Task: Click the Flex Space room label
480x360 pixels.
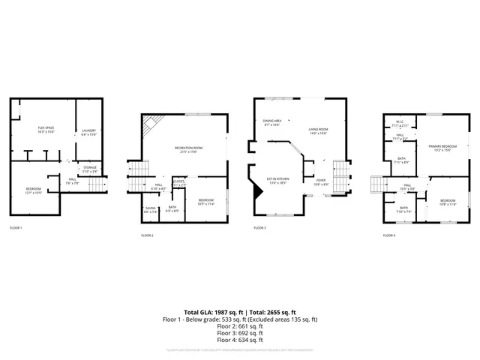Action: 46,129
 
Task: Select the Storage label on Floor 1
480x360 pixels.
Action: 90,168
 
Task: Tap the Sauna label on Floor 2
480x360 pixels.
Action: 150,211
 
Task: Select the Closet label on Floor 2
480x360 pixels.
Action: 179,182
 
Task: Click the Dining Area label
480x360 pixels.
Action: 271,122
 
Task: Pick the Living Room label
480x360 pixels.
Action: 318,131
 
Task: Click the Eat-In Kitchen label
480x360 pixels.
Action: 277,181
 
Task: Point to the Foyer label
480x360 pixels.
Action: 320,181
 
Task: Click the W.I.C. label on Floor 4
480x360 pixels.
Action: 397,124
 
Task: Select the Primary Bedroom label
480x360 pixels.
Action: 438,147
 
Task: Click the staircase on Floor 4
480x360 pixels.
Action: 377,184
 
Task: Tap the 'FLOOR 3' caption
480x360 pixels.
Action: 259,227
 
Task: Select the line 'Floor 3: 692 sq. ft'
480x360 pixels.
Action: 240,333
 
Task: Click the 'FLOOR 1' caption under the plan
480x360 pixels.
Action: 16,227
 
